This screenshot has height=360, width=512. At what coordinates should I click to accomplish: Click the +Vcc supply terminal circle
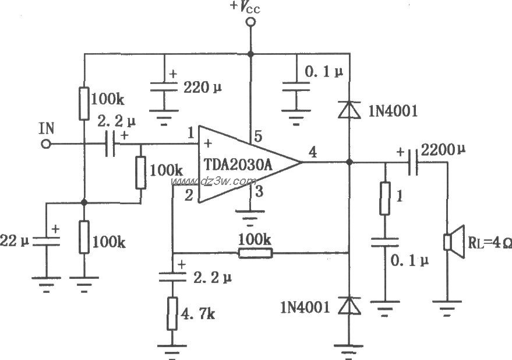pyautogui.click(x=251, y=23)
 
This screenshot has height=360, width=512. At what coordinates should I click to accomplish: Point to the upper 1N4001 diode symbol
pyautogui.click(x=348, y=109)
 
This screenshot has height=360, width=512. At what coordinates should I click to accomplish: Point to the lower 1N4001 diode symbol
pyautogui.click(x=348, y=305)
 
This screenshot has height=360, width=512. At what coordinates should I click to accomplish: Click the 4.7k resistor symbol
pyautogui.click(x=172, y=313)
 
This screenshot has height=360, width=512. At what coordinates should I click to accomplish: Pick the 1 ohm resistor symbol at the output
pyautogui.click(x=385, y=199)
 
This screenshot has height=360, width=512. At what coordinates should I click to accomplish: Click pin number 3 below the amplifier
pyautogui.click(x=260, y=191)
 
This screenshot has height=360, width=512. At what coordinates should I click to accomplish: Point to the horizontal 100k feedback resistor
pyautogui.click(x=255, y=253)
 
